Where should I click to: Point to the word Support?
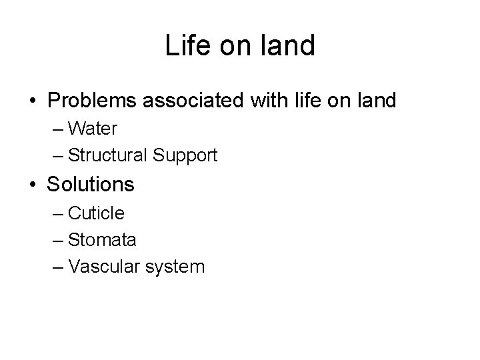click(x=184, y=156)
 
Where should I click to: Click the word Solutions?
click(x=91, y=184)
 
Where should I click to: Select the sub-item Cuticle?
click(x=96, y=213)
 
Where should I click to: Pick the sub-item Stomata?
click(x=102, y=240)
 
